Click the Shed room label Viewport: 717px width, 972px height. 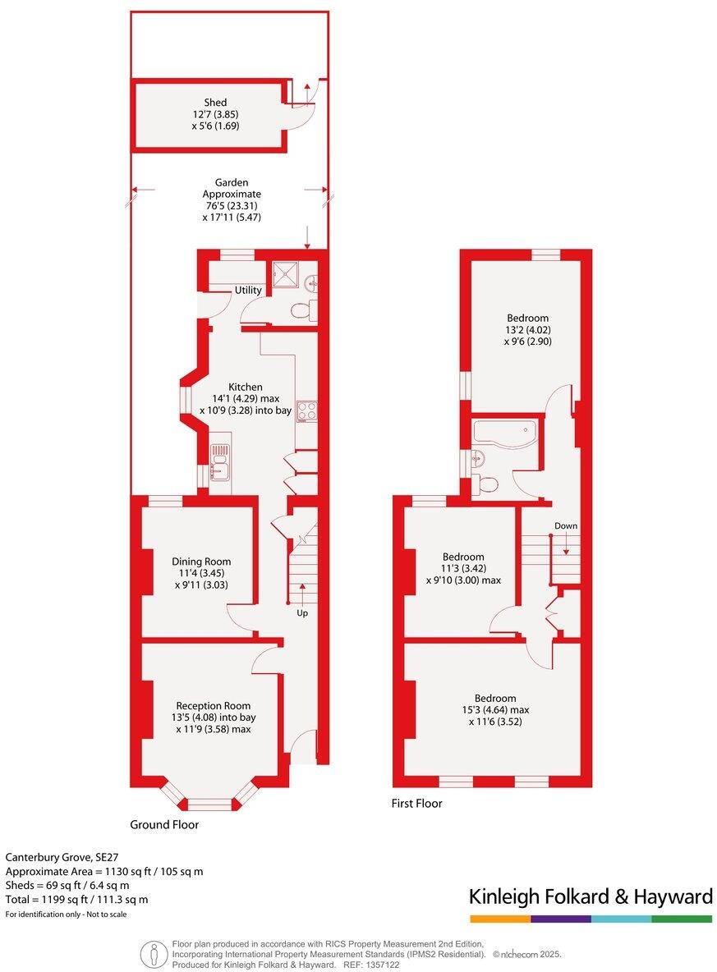coord(215,103)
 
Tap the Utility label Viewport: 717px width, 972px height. coord(248,291)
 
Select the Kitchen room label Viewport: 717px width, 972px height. coord(245,387)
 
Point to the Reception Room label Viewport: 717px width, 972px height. coord(214,705)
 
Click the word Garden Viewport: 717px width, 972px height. coord(232,182)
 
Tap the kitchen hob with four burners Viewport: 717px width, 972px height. coord(306,410)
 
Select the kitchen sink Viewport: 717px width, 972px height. coord(219,465)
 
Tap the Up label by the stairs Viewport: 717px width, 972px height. coord(302,612)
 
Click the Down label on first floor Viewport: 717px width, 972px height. coord(565,525)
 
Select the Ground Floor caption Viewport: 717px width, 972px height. coord(164,824)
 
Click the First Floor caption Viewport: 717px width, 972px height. coord(416,804)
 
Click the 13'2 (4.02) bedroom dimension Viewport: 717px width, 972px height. coord(527,330)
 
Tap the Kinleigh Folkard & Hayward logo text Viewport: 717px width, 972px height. coord(591,896)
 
